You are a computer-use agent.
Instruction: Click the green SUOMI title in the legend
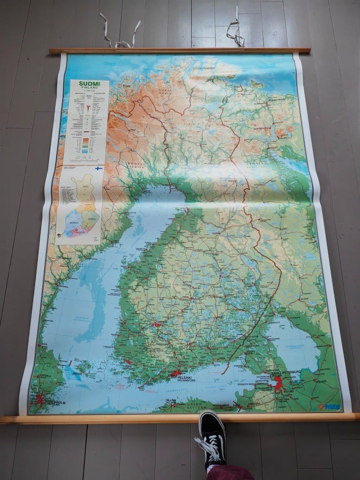(x=90, y=84)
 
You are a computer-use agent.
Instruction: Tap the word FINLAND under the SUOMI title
(x=90, y=89)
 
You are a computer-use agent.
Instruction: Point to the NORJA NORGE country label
(x=164, y=90)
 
